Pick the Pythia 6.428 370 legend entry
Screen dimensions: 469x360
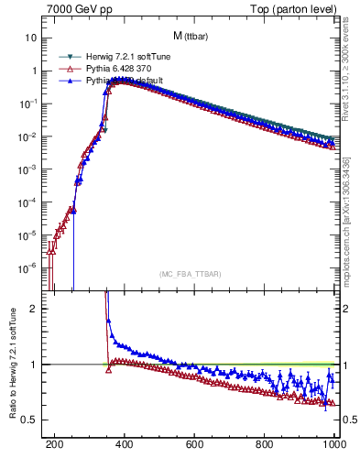(x=106, y=68)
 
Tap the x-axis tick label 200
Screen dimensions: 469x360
(x=55, y=447)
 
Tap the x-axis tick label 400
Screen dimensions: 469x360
(x=125, y=447)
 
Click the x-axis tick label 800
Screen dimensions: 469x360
(x=265, y=447)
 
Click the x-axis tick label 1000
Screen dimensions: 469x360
(x=333, y=447)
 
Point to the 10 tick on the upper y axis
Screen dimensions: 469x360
(x=32, y=38)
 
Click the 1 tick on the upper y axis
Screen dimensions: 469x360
(x=34, y=71)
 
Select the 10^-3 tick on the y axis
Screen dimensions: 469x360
(x=28, y=169)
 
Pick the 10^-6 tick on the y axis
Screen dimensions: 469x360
(x=28, y=268)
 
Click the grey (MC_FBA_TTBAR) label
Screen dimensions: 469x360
(x=191, y=274)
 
